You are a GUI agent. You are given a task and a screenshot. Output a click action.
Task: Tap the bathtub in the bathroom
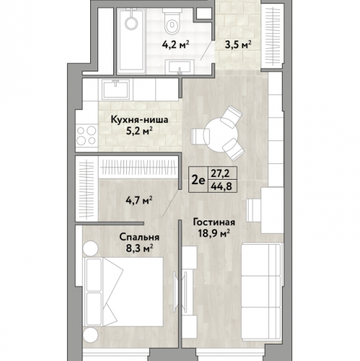coord(131,41)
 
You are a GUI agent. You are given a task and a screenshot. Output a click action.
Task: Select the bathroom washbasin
coord(180,67)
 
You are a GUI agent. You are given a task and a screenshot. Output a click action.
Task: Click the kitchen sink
coord(117,90)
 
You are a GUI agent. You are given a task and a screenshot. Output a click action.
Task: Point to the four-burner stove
coord(87,135)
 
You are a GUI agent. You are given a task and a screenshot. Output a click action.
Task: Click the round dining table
coord(221,135)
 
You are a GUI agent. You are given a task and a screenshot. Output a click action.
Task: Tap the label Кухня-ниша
coord(139,120)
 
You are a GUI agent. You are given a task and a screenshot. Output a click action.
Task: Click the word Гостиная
coord(214,222)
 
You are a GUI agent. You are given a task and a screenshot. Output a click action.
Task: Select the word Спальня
coord(139,238)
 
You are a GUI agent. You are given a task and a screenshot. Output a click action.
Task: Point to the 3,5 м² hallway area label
coord(238,45)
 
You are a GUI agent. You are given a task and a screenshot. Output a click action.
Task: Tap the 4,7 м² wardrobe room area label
coord(139,200)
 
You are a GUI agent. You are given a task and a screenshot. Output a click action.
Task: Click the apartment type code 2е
coord(198,180)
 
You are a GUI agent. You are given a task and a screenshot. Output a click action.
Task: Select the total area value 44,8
coord(221,186)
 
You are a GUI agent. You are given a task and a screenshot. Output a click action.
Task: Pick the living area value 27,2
coord(220,173)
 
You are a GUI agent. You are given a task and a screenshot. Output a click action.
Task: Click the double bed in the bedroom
coord(123,292)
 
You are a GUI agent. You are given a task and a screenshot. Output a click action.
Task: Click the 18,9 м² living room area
coord(214,233)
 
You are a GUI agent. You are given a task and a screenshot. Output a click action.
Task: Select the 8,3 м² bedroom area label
coord(139,248)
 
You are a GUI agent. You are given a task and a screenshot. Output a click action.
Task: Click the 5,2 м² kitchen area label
coord(139,131)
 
